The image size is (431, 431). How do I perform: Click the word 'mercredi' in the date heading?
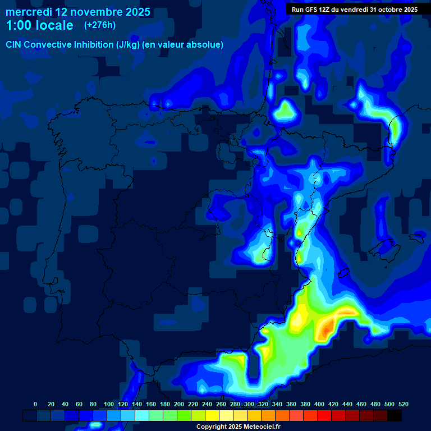[29, 12]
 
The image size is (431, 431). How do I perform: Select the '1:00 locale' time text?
[40, 25]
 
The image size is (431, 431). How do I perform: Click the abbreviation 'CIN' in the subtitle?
[14, 44]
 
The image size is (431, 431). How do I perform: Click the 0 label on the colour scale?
[35, 404]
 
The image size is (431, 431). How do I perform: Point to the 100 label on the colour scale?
[108, 404]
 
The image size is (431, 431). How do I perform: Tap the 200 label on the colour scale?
[179, 404]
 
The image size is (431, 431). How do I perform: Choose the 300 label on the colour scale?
[249, 404]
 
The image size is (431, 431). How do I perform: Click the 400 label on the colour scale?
[319, 404]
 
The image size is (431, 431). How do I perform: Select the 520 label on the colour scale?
[404, 404]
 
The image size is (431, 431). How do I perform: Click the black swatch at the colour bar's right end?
[395, 416]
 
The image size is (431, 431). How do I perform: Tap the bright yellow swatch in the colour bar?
[212, 416]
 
